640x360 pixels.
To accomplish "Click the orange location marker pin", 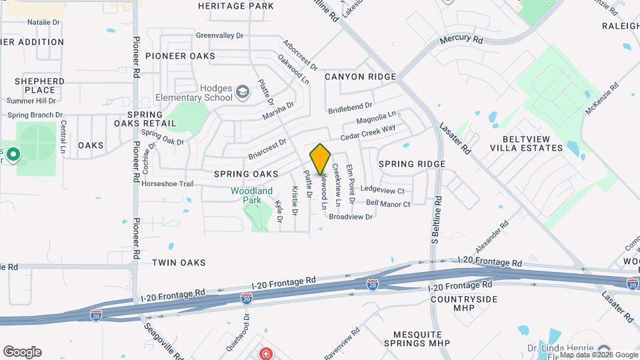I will (x=320, y=159).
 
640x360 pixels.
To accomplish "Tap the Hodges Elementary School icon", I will (x=243, y=91).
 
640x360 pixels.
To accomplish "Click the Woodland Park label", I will (x=252, y=195).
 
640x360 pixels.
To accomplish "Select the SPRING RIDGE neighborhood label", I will (x=411, y=163).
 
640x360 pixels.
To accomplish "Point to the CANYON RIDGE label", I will (x=360, y=77).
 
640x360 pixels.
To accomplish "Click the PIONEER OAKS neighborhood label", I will (x=180, y=56).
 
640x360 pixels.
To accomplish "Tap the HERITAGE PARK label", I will (x=227, y=6).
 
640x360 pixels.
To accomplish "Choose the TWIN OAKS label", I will (x=176, y=263).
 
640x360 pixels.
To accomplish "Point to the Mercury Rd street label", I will (x=461, y=41).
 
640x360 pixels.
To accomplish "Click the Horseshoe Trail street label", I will (x=168, y=183).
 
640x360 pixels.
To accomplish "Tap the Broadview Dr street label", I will (x=351, y=217).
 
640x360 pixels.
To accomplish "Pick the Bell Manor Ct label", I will (x=388, y=203).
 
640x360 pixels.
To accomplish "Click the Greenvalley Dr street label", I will (x=220, y=35).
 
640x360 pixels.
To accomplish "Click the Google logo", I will (x=23, y=352).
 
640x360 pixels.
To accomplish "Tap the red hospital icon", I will (x=265, y=352).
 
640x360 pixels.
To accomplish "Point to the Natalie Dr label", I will (x=43, y=22).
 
